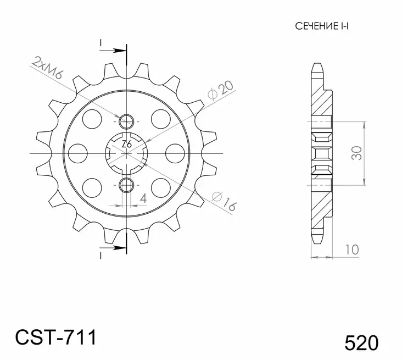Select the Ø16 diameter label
coord(223,201)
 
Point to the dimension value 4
coord(142,198)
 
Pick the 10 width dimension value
coord(352,249)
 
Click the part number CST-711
coord(55,336)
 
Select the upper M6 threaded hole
coord(126,120)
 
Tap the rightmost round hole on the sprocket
coord(174,152)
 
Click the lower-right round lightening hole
coord(160,186)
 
